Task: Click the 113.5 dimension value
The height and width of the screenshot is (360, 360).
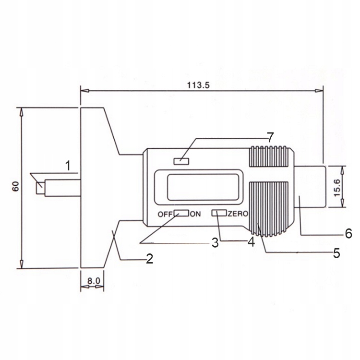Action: point(198,85)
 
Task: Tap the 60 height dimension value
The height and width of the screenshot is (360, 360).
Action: point(16,186)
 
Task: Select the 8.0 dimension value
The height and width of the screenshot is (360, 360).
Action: point(94,281)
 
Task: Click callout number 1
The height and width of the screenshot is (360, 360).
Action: point(68,166)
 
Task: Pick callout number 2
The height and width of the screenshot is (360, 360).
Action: point(149,259)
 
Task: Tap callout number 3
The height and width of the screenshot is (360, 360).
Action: point(215,243)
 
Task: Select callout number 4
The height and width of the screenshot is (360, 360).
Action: point(251,241)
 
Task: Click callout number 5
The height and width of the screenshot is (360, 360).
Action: point(336,253)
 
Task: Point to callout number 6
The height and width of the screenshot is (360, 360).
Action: point(348,233)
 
